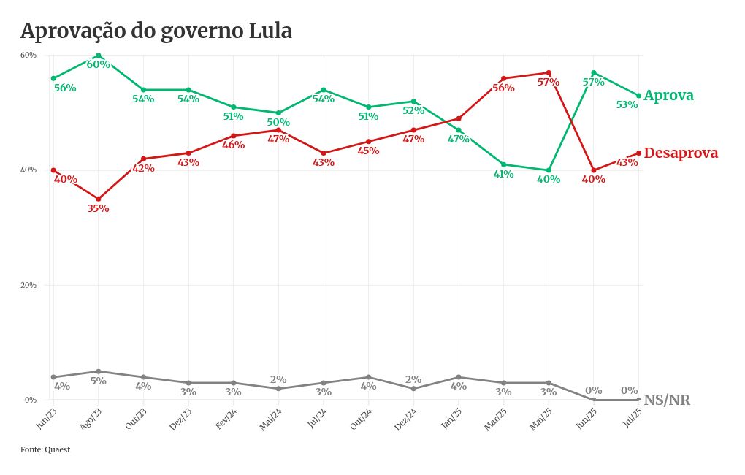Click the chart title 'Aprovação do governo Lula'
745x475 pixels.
click(156, 31)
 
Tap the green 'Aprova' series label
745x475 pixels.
click(668, 96)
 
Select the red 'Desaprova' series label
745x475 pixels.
click(681, 153)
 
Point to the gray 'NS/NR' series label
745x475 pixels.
click(666, 400)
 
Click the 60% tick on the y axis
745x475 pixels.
click(28, 56)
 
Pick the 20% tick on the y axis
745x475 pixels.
click(28, 285)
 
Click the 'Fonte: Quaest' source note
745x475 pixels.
click(45, 449)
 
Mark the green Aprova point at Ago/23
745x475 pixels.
click(99, 56)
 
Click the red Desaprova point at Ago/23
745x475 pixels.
click(99, 199)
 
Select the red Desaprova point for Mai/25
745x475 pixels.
click(549, 73)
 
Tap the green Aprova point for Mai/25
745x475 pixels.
click(549, 170)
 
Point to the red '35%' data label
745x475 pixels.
click(98, 209)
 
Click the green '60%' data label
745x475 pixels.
click(98, 65)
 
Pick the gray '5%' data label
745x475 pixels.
click(98, 381)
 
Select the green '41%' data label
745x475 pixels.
click(503, 175)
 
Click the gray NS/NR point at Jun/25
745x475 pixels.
click(594, 400)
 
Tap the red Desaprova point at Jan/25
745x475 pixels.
click(459, 118)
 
